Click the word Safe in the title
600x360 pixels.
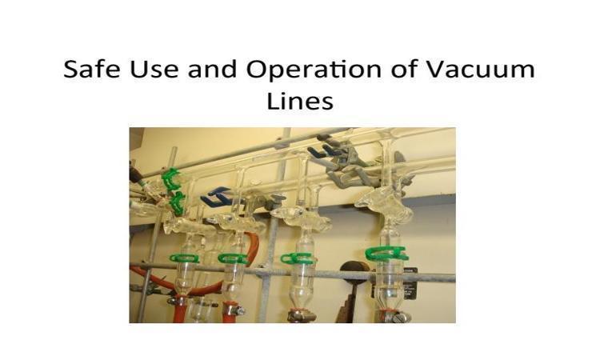pyautogui.click(x=91, y=70)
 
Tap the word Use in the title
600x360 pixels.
pyautogui.click(x=154, y=70)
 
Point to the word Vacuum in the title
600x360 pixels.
pyautogui.click(x=480, y=70)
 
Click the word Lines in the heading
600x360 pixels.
pyautogui.click(x=300, y=102)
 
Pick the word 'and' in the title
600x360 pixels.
pyautogui.click(x=212, y=70)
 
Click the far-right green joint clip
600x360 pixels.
pyautogui.click(x=386, y=254)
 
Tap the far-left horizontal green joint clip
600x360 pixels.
pyautogui.click(x=185, y=258)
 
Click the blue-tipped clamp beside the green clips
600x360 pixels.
pyautogui.click(x=215, y=196)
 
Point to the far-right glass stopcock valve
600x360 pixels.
pyautogui.click(x=384, y=202)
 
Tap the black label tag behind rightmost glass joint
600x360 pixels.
pyautogui.click(x=409, y=284)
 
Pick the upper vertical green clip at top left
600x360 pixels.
pyautogui.click(x=170, y=179)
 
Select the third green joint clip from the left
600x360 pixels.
pyautogui.click(x=298, y=258)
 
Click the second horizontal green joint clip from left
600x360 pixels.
pyautogui.click(x=234, y=258)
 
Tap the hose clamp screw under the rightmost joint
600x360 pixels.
pyautogui.click(x=398, y=316)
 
